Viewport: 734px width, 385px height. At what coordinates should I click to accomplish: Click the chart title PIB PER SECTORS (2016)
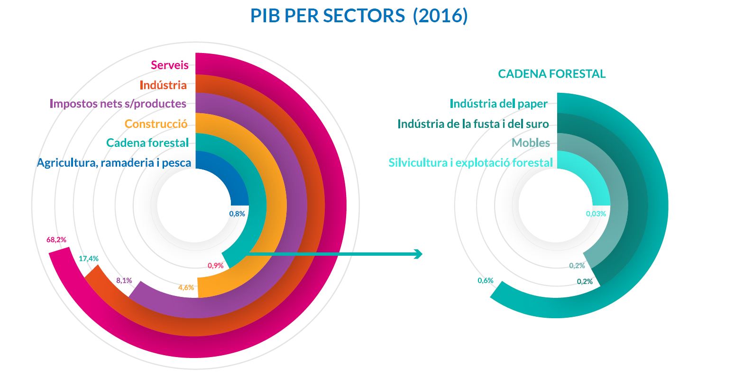click(359, 16)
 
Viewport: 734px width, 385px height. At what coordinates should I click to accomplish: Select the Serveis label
click(170, 65)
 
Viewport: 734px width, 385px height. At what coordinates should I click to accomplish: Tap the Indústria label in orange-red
click(163, 85)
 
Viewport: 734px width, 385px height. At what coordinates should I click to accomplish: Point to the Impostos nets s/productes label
click(118, 103)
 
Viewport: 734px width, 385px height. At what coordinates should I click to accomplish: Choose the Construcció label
click(156, 124)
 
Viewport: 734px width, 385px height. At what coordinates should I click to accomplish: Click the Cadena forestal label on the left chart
click(147, 143)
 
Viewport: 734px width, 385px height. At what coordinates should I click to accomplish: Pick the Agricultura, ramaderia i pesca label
click(114, 162)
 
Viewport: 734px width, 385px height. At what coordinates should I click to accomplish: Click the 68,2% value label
click(56, 240)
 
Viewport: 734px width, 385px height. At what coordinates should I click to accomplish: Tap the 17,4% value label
click(89, 259)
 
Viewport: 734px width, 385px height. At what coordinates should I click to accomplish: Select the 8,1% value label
click(124, 280)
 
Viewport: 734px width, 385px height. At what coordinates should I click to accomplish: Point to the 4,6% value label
click(186, 287)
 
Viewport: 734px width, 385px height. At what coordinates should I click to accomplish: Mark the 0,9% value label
click(215, 266)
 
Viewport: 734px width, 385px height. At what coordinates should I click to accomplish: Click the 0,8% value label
click(237, 214)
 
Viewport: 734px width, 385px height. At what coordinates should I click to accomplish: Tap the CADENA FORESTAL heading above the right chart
click(551, 74)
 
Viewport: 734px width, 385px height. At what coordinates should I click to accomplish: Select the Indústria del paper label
click(498, 103)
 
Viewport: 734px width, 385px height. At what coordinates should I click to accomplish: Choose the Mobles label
click(531, 143)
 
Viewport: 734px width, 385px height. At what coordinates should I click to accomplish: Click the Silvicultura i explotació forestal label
click(470, 162)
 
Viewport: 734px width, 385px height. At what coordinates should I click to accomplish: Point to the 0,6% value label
click(486, 280)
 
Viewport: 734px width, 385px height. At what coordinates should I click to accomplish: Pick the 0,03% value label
click(596, 214)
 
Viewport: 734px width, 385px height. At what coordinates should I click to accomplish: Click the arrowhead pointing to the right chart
click(418, 254)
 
